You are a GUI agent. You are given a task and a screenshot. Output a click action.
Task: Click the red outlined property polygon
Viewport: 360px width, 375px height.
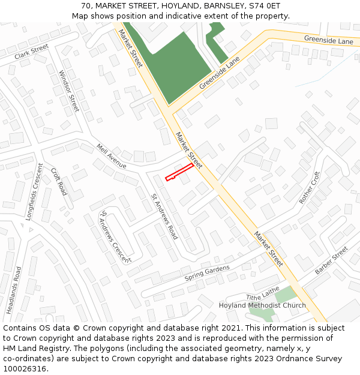[179, 171]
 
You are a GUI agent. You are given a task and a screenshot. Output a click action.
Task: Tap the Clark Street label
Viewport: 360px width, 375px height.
[31, 52]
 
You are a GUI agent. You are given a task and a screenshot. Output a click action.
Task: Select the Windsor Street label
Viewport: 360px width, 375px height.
[69, 91]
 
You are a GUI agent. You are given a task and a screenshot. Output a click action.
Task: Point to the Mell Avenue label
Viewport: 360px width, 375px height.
[111, 155]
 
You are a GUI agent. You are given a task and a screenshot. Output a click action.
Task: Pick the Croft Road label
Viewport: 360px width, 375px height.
[59, 181]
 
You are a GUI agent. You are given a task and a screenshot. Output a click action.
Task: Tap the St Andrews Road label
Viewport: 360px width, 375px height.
[164, 216]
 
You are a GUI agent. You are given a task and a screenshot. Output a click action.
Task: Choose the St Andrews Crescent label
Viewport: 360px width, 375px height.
[115, 236]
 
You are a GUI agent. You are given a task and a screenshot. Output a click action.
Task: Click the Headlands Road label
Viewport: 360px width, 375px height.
[14, 290]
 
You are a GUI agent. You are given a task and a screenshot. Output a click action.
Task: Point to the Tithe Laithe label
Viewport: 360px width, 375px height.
[263, 293]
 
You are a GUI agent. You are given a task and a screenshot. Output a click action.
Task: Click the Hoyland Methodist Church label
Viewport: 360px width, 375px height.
[262, 305]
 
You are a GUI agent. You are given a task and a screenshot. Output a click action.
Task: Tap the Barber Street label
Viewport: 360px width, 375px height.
[332, 260]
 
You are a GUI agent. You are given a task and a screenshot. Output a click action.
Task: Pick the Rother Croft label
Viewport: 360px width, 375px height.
[310, 187]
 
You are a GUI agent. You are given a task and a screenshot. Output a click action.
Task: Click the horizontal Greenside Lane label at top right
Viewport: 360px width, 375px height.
[328, 41]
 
